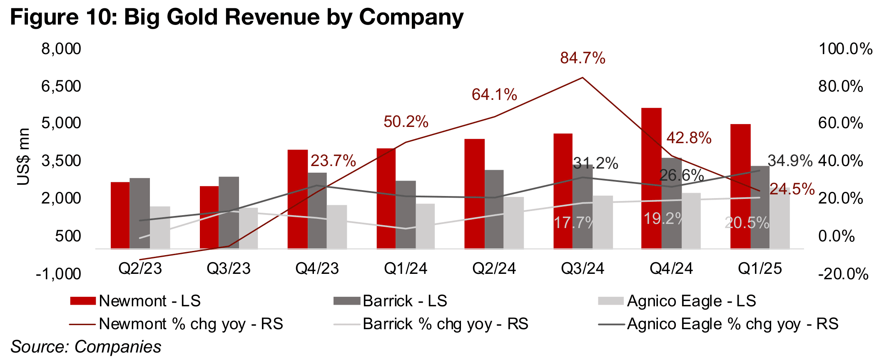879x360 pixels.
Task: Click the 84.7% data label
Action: (x=583, y=58)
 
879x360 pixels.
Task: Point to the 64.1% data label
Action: (x=494, y=95)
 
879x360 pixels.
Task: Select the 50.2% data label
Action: (x=406, y=122)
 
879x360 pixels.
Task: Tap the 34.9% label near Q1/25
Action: (x=789, y=161)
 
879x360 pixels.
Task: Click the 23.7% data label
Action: (x=333, y=161)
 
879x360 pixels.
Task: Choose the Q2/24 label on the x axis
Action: (x=494, y=268)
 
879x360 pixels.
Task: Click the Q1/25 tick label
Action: (x=760, y=268)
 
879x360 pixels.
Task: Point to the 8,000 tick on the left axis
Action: (x=61, y=49)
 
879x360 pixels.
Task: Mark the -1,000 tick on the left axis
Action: (x=58, y=274)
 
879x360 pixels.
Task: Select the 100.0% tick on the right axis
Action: (x=845, y=49)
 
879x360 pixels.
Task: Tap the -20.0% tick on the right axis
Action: (x=843, y=274)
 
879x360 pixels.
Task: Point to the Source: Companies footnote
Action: (x=86, y=347)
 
